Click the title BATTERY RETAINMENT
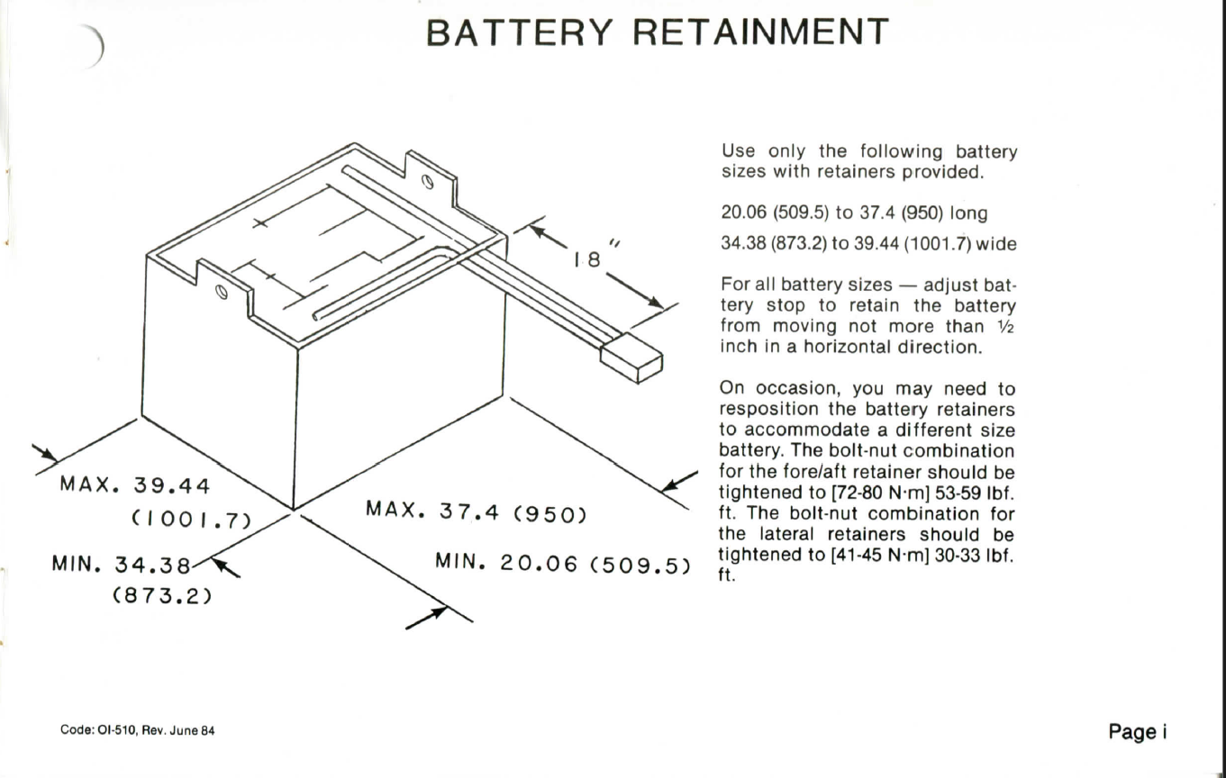[x=658, y=33]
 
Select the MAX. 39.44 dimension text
[x=135, y=486]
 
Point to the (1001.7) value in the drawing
[x=184, y=520]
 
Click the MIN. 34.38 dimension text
[x=123, y=566]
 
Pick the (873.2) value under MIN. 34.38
[x=160, y=595]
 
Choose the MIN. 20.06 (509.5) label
[x=563, y=565]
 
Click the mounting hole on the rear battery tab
[x=428, y=183]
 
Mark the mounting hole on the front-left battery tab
[x=220, y=293]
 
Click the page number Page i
[x=1138, y=730]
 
